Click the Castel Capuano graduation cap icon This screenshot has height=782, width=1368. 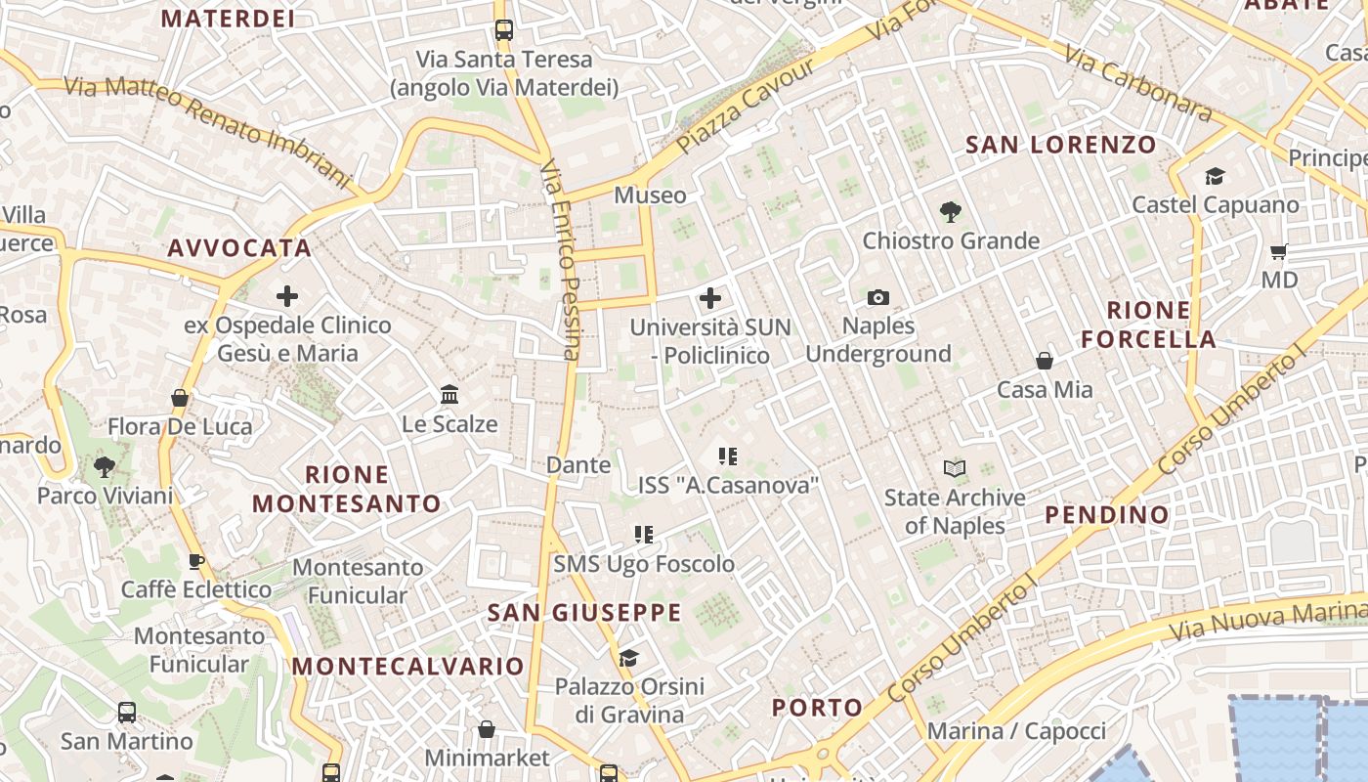1215,176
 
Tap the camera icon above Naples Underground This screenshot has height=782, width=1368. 878,297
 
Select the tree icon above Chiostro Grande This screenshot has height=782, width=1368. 950,211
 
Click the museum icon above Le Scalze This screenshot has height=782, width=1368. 449,395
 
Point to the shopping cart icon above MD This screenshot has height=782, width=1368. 1278,251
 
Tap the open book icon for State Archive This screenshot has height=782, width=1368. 955,469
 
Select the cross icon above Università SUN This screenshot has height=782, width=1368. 710,298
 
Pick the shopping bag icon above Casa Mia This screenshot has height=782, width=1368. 1045,361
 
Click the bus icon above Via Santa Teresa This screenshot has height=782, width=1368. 504,30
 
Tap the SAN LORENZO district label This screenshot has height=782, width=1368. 1061,145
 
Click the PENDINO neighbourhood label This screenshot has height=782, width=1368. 1107,514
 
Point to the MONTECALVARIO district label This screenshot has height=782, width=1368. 408,667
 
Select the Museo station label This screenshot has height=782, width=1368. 650,195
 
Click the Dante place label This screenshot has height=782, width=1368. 578,465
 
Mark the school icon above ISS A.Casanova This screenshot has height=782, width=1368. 727,456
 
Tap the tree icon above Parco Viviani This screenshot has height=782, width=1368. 105,466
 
